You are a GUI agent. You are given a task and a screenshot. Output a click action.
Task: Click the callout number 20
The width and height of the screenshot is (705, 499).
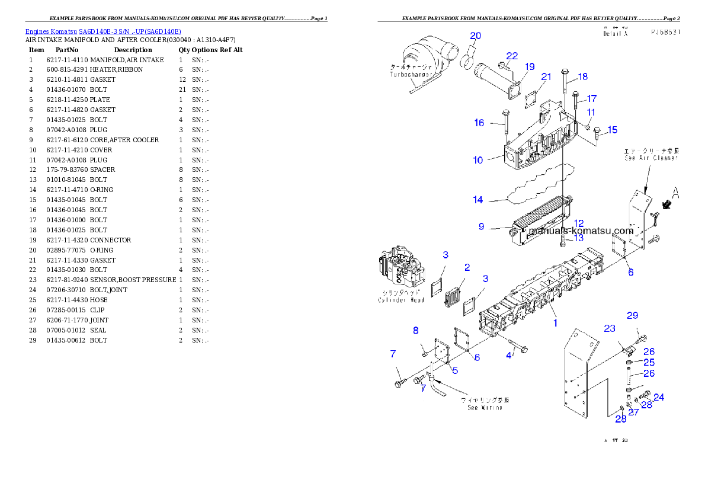[x=476, y=36]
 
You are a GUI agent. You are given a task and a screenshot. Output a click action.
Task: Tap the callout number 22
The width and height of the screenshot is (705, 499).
[x=512, y=56]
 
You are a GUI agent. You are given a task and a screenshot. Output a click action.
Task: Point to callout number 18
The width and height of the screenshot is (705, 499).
[x=582, y=76]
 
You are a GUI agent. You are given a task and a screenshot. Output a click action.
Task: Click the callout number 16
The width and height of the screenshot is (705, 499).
[x=479, y=123]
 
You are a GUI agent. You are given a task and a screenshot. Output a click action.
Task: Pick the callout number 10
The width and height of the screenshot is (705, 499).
[x=478, y=159]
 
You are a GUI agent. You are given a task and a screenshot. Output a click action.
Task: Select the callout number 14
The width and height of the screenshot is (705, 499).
[x=478, y=200]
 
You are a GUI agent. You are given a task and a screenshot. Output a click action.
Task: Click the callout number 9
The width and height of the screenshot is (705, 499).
[x=482, y=226]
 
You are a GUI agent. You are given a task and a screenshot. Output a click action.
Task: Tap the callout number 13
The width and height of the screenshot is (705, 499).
[x=578, y=238]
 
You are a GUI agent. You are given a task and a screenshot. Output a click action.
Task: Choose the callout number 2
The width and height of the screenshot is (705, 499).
[x=467, y=268]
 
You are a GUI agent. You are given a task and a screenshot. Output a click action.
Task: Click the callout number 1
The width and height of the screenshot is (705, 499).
[x=555, y=323]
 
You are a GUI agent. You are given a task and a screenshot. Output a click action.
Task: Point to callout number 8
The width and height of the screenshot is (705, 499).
[x=416, y=330]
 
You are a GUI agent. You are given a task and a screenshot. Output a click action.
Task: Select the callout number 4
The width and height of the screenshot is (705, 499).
[x=508, y=356]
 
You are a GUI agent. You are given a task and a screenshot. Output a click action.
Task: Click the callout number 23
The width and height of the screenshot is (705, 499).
[x=610, y=328]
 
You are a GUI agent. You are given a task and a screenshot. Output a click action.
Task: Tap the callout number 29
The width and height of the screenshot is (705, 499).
[x=633, y=315]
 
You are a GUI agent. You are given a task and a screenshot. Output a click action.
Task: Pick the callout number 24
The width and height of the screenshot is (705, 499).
[x=658, y=397]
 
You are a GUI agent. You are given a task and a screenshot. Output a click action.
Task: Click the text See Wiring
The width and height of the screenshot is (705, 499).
[x=485, y=407]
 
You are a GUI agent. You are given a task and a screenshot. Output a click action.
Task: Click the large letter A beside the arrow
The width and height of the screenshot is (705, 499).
[x=675, y=192]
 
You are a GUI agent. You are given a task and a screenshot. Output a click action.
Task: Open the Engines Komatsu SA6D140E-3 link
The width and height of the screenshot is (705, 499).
[x=103, y=31]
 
